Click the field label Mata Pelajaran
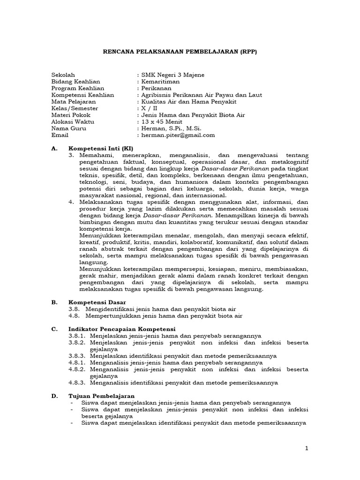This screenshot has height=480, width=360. coord(74,101)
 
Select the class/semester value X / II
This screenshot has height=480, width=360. coord(150,108)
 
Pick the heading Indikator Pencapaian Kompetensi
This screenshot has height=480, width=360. coord(121,329)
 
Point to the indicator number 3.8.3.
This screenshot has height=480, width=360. coord(76,355)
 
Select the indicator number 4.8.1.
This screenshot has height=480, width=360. coord(76,362)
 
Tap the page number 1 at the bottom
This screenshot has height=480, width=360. coord(307,449)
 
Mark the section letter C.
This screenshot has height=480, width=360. coord(54,329)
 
